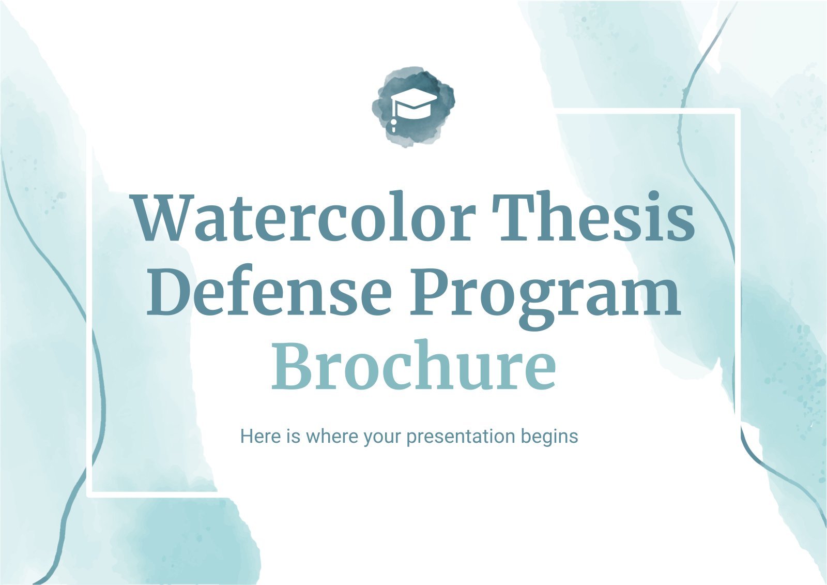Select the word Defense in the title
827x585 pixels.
pos(269,291)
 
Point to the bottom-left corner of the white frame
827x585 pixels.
pos(89,494)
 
